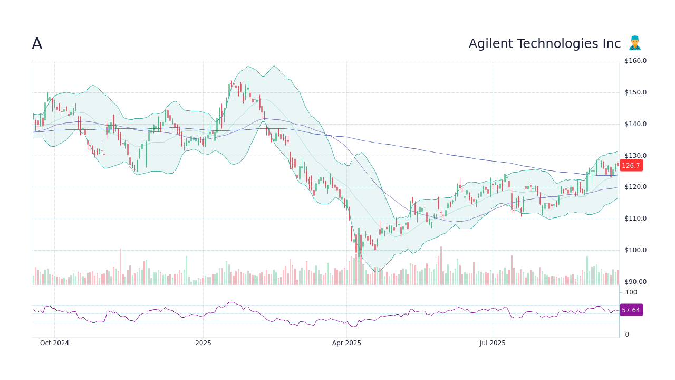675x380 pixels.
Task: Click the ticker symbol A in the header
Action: coord(37,44)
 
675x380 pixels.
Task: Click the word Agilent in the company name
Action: coord(488,44)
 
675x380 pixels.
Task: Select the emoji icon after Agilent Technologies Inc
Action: coord(635,43)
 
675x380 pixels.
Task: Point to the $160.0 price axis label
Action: coord(635,61)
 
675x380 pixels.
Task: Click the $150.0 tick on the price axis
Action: coord(635,92)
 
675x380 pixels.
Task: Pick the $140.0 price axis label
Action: coord(635,124)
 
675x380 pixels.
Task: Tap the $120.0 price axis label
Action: coord(635,187)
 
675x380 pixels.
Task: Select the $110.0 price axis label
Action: coord(635,218)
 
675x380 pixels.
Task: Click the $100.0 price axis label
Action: coord(635,250)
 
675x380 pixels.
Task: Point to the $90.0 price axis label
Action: coord(635,282)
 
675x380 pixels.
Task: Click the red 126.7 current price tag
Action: coord(631,165)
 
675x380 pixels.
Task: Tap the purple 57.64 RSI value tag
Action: coord(631,310)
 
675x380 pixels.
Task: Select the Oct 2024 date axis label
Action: coord(54,343)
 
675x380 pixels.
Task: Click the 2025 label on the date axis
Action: coord(203,343)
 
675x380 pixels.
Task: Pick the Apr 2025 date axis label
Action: coord(346,343)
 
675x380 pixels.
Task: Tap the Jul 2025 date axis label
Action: coord(493,343)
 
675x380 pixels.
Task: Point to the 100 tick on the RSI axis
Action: coord(631,292)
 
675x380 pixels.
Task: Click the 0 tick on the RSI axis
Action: coord(627,335)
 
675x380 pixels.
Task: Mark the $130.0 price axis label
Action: coord(635,156)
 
